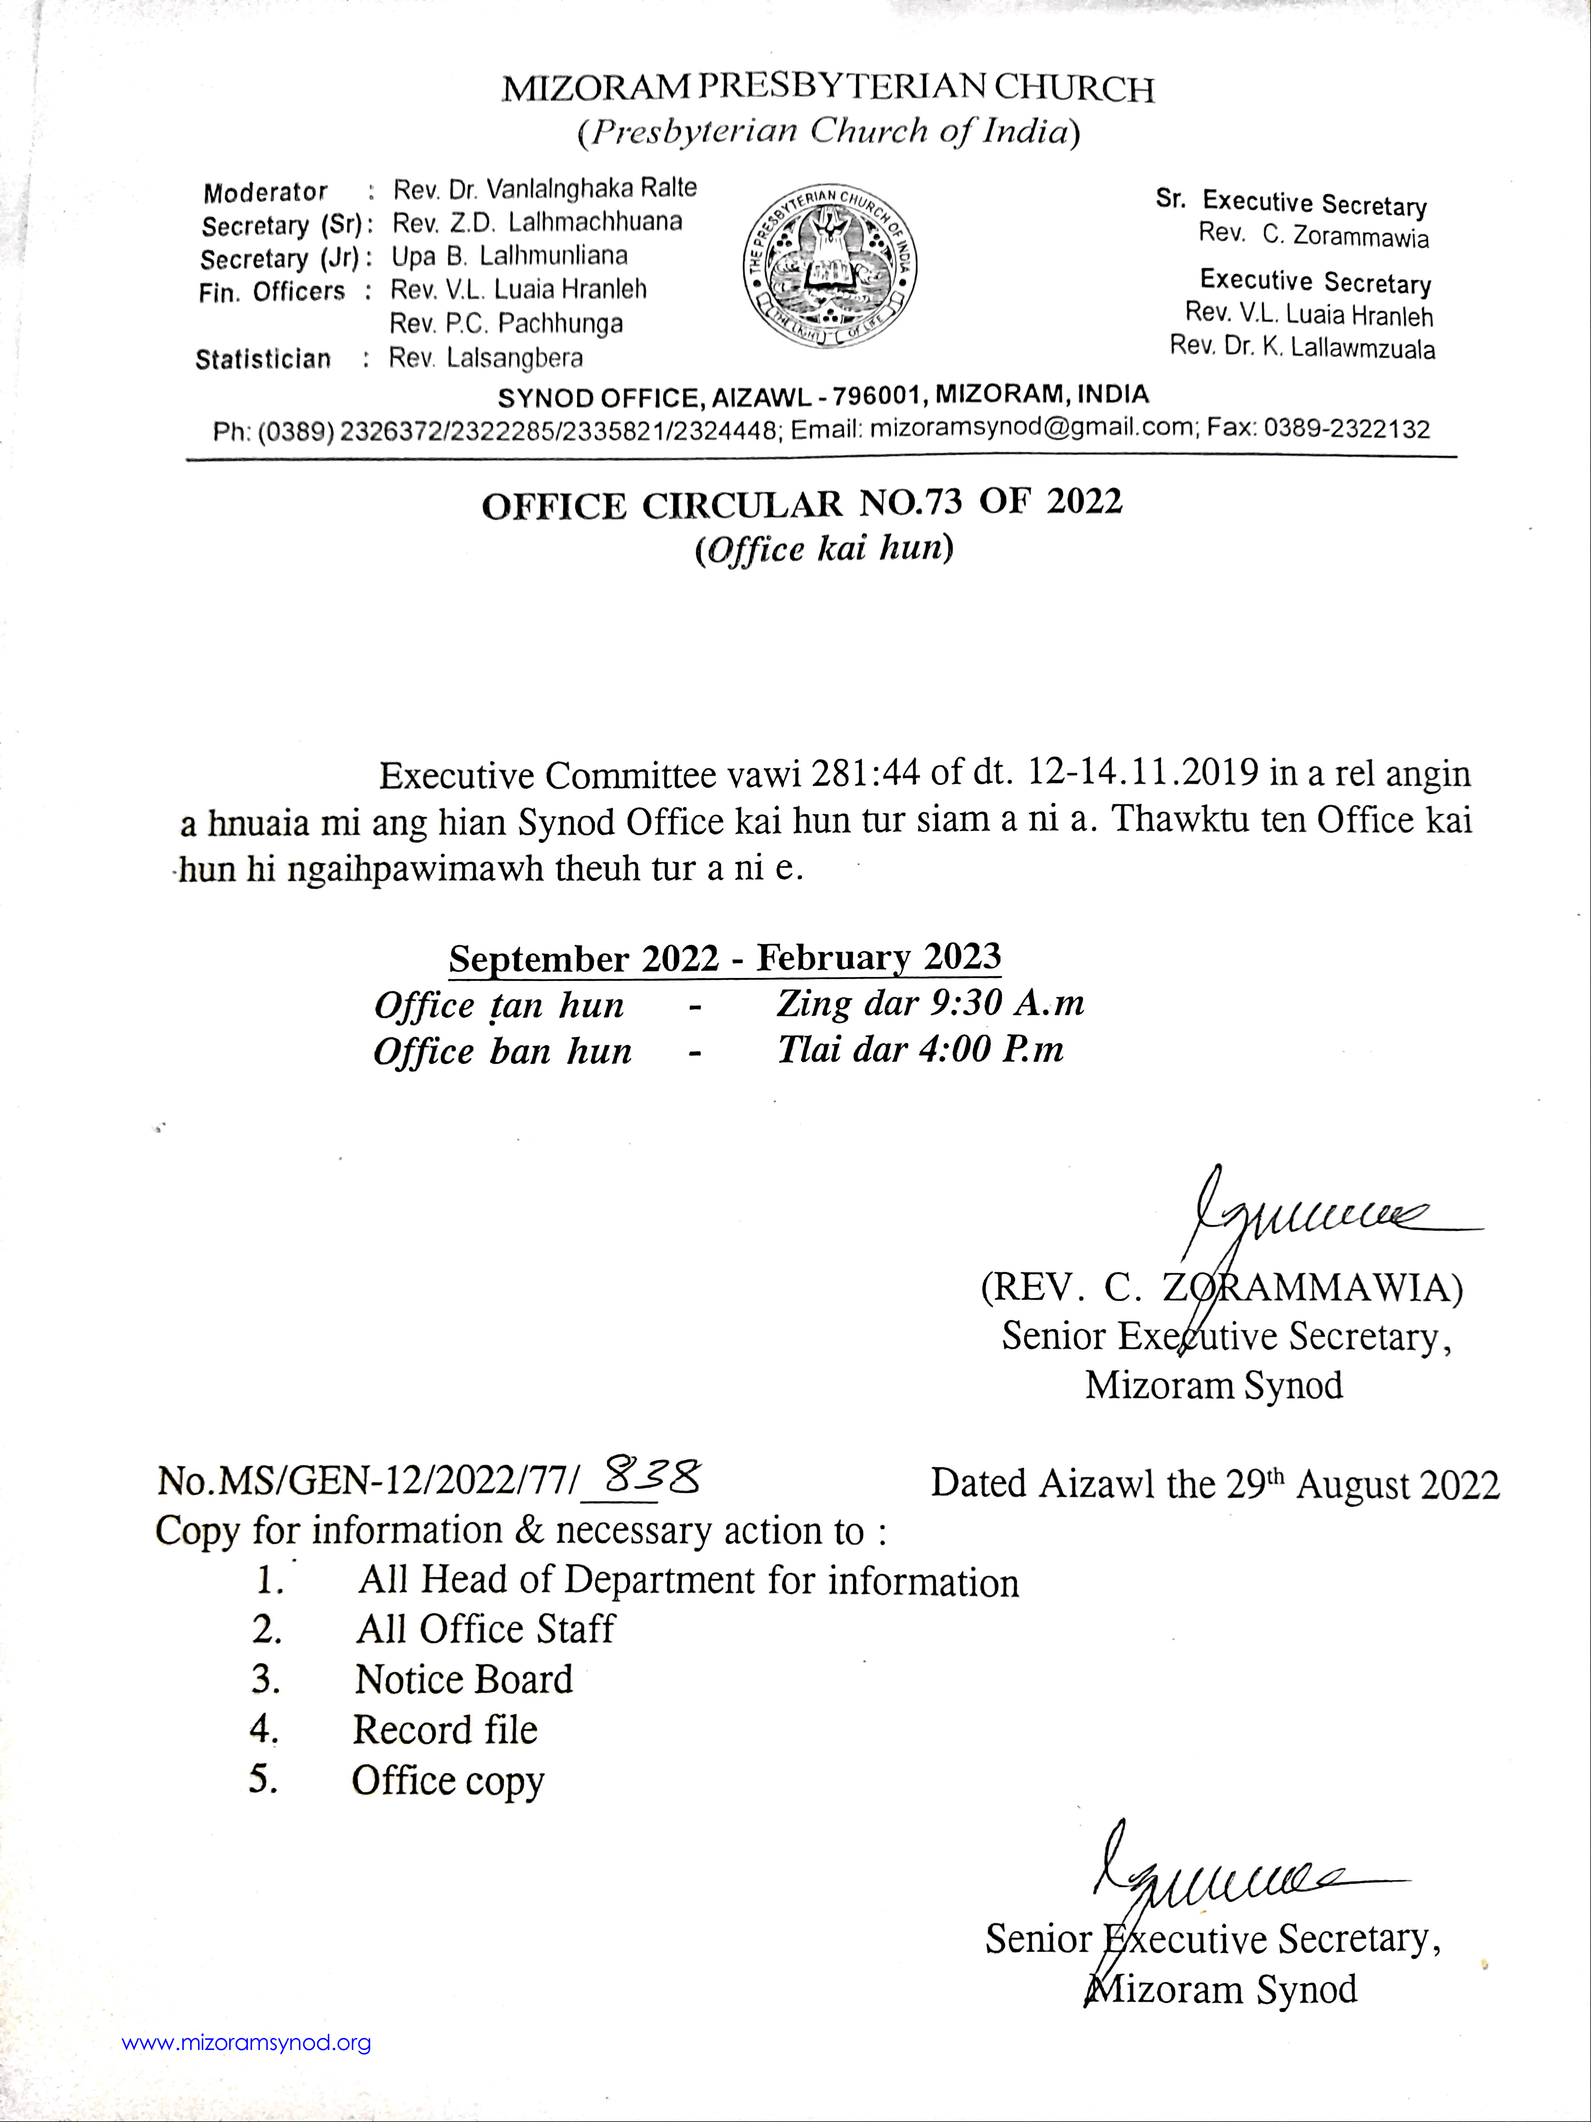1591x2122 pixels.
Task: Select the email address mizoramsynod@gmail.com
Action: tap(1034, 428)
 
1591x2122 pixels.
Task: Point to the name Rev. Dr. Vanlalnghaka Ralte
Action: tap(545, 188)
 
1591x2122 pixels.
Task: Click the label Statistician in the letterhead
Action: tap(263, 360)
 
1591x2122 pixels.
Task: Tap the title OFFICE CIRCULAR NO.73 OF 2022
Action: tap(802, 503)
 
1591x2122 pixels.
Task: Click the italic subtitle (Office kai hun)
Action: tap(824, 549)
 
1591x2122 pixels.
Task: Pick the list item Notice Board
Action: tap(464, 1679)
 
